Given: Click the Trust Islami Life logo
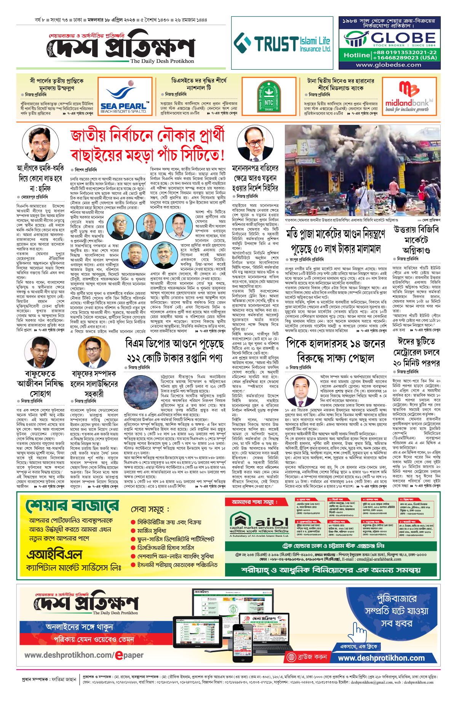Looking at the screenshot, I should click(x=282, y=43).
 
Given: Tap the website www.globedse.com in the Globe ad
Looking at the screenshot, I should click(x=388, y=65).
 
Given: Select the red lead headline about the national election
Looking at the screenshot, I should click(x=147, y=145).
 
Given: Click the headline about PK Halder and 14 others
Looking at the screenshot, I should click(x=335, y=350).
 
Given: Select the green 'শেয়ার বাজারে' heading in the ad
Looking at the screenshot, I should click(x=72, y=506).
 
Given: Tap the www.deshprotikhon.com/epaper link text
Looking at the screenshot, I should click(x=84, y=655).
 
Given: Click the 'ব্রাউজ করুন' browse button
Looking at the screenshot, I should click(x=307, y=657).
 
